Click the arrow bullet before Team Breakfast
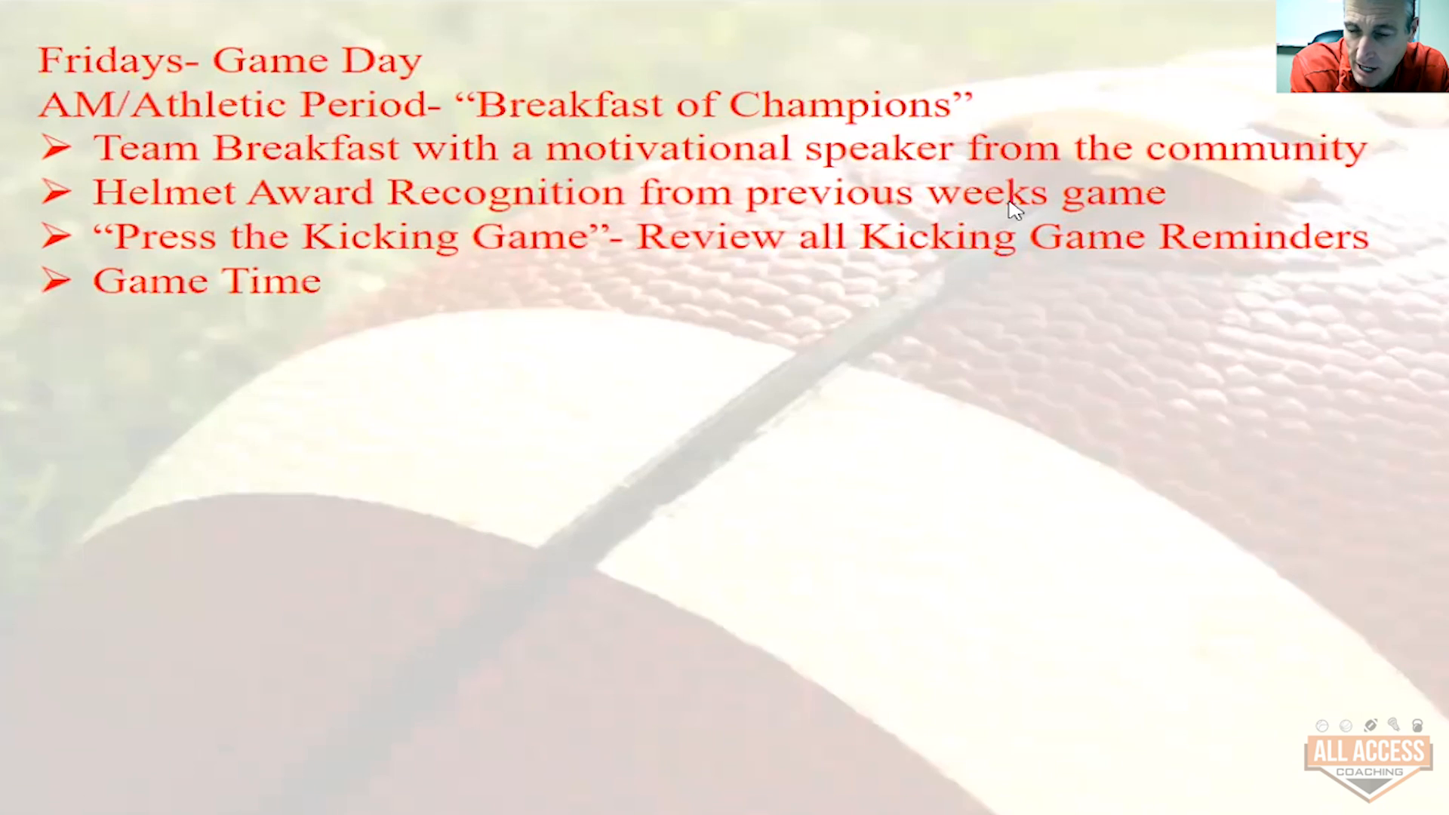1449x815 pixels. pyautogui.click(x=56, y=148)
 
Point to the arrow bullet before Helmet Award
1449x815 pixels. pyautogui.click(x=56, y=192)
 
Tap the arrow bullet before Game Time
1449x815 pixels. pyautogui.click(x=56, y=281)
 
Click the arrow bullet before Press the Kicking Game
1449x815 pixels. pyautogui.click(x=56, y=237)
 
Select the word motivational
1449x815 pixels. pyautogui.click(x=668, y=148)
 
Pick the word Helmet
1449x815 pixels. pyautogui.click(x=164, y=192)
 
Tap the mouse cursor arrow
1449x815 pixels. pyautogui.click(x=1015, y=210)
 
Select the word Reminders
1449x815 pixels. pyautogui.click(x=1263, y=237)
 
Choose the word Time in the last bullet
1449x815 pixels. pyautogui.click(x=271, y=281)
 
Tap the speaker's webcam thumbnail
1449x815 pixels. pyautogui.click(x=1362, y=46)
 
